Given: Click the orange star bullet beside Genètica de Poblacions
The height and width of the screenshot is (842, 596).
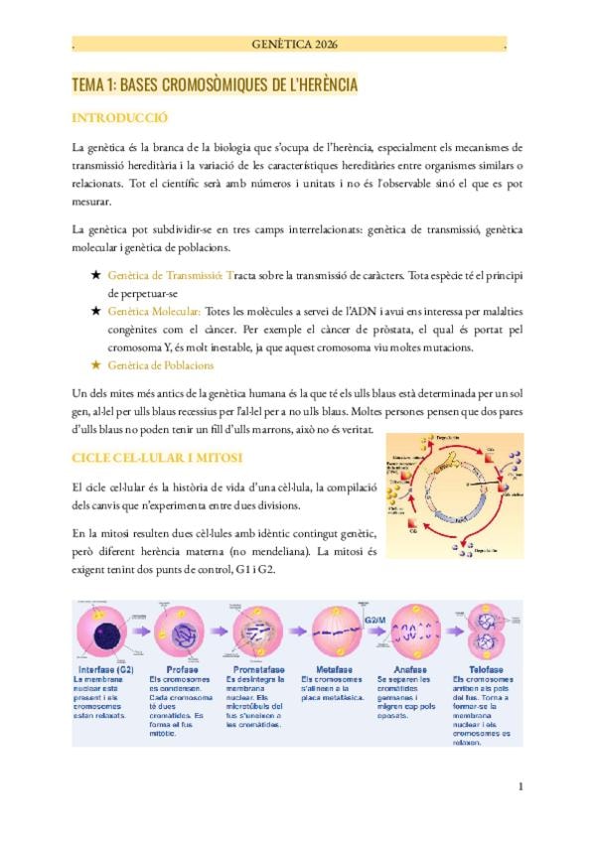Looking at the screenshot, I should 94,365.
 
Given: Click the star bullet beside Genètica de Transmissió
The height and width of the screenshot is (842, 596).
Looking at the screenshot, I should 94,276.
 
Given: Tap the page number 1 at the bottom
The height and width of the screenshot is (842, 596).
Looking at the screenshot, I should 521,787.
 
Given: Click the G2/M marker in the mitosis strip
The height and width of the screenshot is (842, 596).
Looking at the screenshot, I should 375,619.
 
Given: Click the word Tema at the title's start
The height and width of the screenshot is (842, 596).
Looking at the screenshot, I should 87,86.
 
